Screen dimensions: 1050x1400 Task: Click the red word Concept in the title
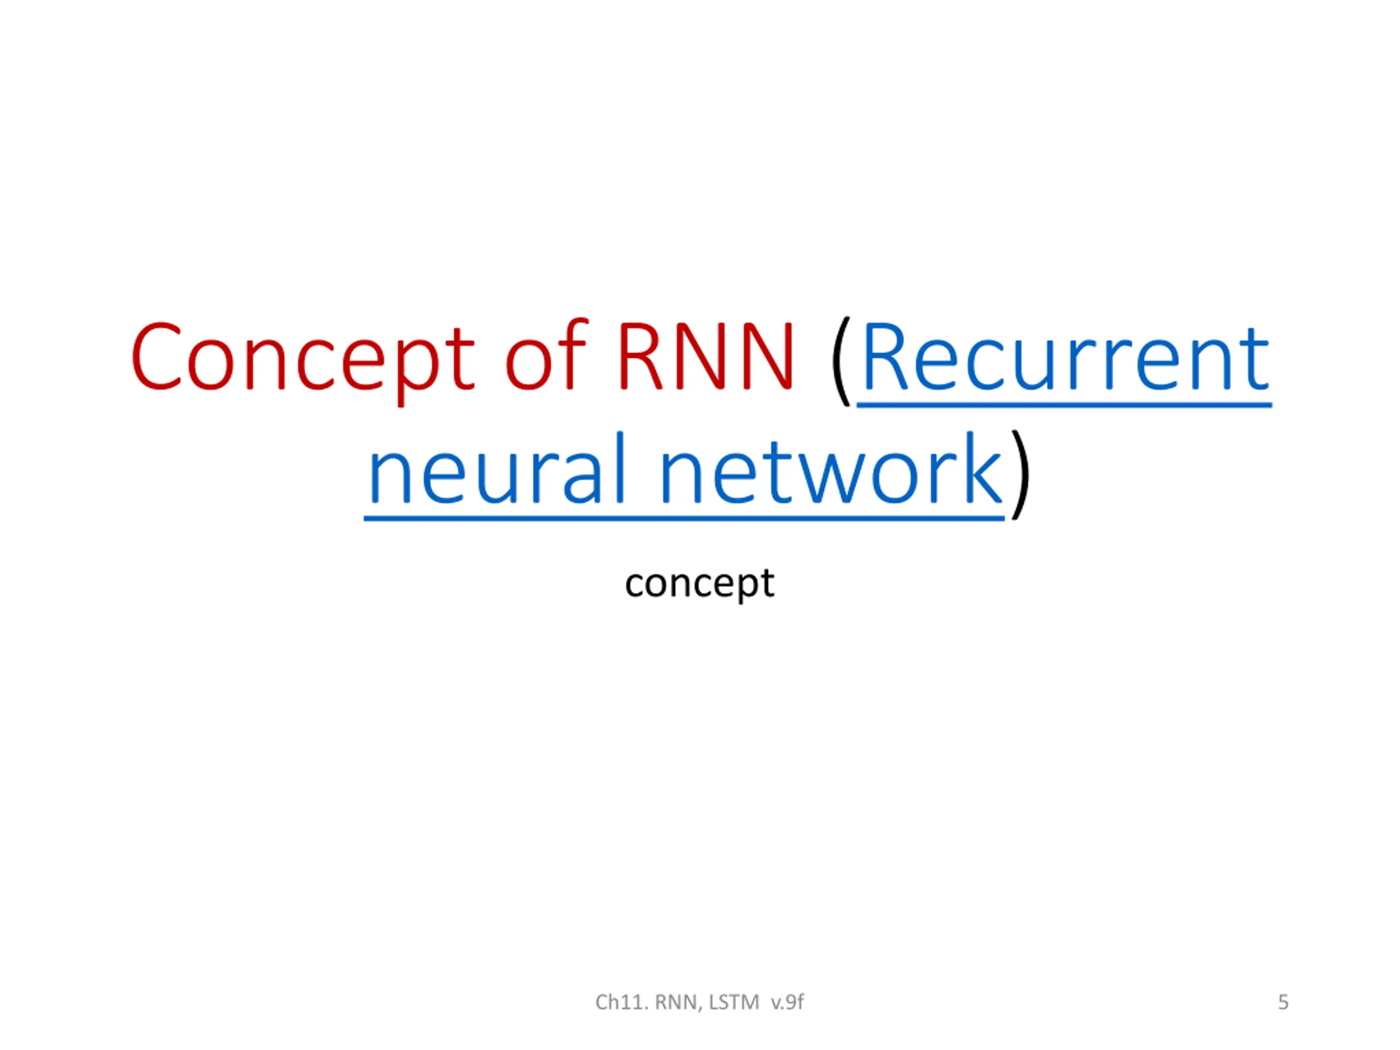click(x=302, y=358)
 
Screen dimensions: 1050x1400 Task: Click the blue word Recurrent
click(x=1065, y=358)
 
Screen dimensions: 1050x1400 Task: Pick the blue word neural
click(x=497, y=470)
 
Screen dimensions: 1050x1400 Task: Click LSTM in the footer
click(x=733, y=1002)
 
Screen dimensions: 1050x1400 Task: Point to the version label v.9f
click(x=787, y=1002)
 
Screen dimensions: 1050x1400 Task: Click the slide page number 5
click(x=1283, y=1002)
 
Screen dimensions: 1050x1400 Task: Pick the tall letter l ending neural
click(x=620, y=467)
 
